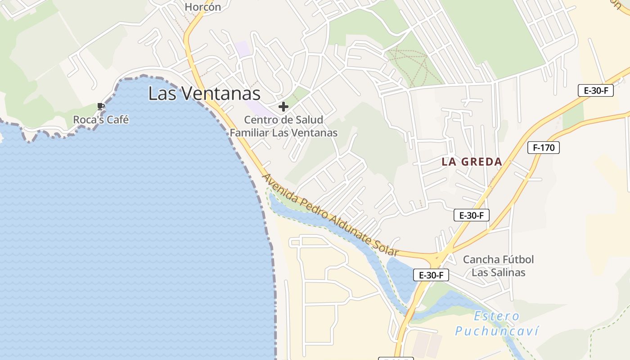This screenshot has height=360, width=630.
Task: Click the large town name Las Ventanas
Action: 204,94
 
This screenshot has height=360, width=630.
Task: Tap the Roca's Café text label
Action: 101,120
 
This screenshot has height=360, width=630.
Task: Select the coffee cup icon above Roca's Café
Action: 101,107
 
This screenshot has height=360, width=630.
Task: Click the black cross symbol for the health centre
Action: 283,107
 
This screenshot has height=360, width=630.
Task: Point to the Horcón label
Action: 203,7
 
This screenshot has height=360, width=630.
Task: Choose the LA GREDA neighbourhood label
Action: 472,162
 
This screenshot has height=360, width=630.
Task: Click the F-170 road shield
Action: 543,147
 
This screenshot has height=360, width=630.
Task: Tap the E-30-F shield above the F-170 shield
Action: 596,90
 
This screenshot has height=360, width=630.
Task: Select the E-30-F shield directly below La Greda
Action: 471,215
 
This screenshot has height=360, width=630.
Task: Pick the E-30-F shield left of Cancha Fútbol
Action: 431,275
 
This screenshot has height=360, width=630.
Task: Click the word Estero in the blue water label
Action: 497,316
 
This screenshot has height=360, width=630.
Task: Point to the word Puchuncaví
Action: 497,332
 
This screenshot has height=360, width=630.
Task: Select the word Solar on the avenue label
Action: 387,248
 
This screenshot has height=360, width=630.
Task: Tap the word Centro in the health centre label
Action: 259,120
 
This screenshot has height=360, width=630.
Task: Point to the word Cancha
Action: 481,260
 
